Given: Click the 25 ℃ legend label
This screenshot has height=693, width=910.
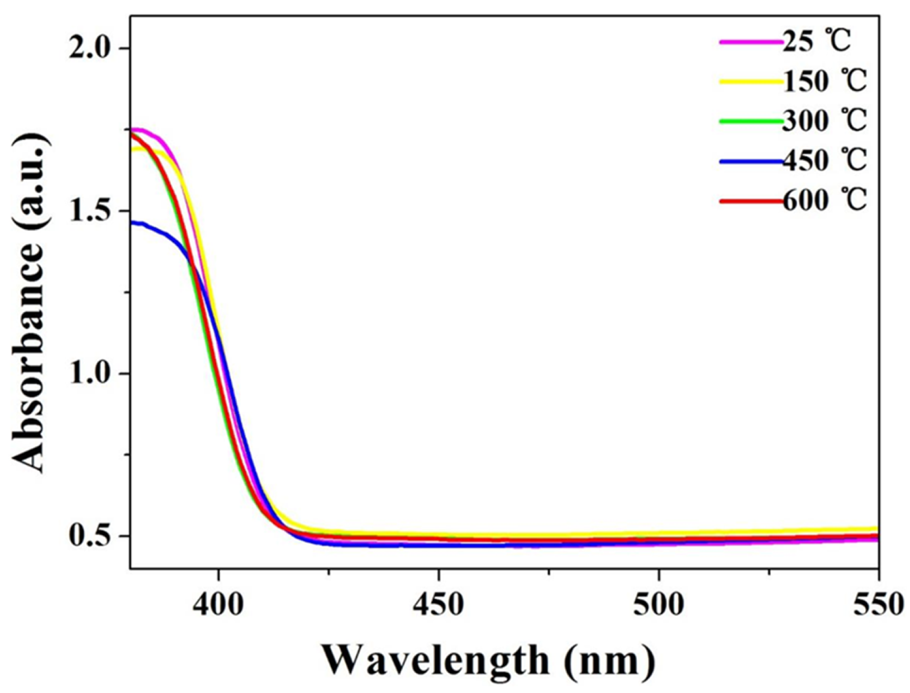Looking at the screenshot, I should coord(816,42).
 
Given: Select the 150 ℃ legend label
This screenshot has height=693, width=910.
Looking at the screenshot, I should coord(825,82).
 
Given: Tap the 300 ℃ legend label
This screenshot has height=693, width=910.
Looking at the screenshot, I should coord(825,121).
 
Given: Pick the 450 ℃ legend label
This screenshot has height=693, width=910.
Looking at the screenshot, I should coord(825,161).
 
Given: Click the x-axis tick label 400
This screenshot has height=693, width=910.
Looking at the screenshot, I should coord(219,604).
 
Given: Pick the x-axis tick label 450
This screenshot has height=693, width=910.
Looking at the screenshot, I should coord(439,604).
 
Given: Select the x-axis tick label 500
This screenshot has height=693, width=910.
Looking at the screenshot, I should coord(659,604).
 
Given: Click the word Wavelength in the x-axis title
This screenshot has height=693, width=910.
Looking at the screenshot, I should coord(436,661).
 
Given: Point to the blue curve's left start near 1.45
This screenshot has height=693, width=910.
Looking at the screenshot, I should coord(134,223).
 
